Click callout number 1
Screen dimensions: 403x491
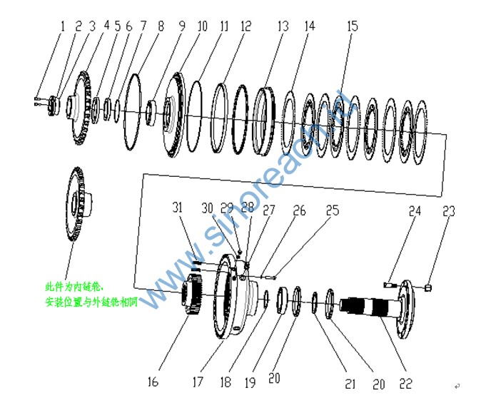(62, 26)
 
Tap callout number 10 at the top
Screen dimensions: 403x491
(201, 26)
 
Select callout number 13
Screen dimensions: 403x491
(283, 26)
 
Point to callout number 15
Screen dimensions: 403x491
(352, 26)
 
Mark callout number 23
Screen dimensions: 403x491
(448, 211)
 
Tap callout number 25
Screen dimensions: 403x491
(332, 211)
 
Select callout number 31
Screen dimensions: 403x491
(178, 208)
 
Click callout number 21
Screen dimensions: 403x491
(350, 384)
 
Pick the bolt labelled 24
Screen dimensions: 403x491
(390, 285)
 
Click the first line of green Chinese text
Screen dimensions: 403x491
(74, 287)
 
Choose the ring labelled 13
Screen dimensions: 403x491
(265, 118)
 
